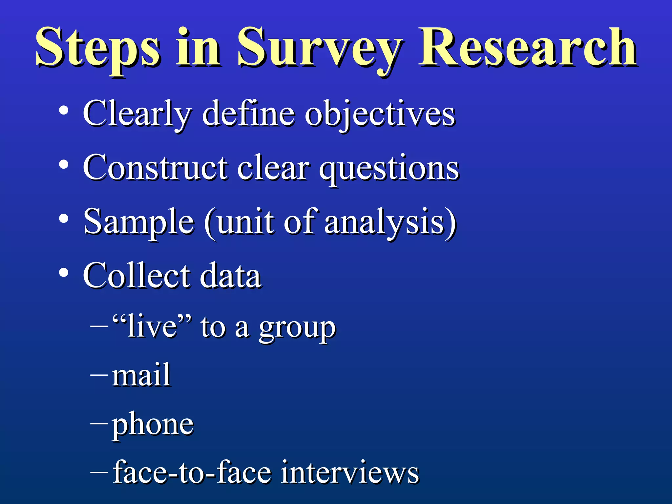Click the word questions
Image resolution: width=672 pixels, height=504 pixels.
coord(389,169)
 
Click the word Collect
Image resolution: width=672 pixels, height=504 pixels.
coord(136,276)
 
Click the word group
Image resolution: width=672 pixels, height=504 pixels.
coord(297,328)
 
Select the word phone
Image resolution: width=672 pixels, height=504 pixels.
coord(153,425)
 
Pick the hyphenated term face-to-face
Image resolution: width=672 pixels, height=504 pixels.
coord(192,472)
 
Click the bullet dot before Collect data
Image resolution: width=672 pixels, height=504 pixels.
coord(64,273)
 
